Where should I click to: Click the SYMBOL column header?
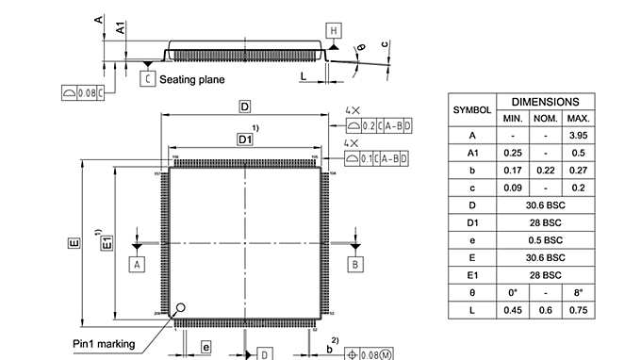click(472, 109)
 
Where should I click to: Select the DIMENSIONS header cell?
click(551, 101)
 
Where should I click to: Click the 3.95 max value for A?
click(578, 135)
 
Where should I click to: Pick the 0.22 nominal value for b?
click(546, 170)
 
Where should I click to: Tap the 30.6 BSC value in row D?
click(546, 205)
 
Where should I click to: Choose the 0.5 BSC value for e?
click(546, 239)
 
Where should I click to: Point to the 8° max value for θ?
click(578, 292)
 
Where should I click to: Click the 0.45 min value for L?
click(513, 310)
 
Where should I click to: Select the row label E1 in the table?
click(472, 274)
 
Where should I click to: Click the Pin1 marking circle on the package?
click(180, 307)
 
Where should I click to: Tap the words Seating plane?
click(191, 80)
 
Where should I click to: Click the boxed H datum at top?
click(334, 30)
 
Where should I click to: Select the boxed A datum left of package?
click(137, 265)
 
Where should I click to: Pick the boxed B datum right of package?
click(355, 265)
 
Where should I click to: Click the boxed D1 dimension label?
click(245, 139)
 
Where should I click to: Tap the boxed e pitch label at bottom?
click(205, 348)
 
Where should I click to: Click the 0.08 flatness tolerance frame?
click(82, 91)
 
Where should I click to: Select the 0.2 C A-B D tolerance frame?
click(376, 124)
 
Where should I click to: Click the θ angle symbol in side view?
click(360, 47)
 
